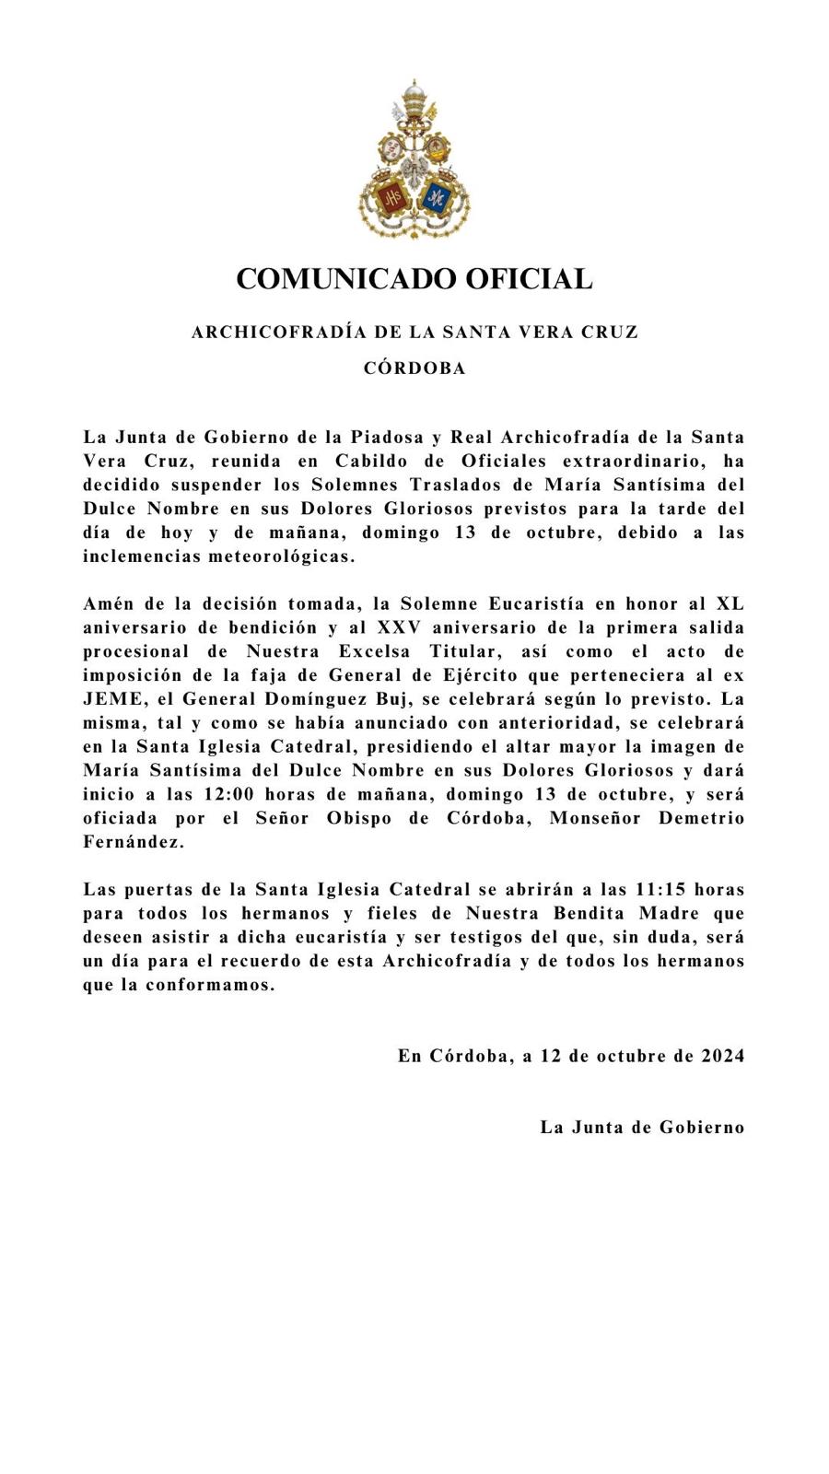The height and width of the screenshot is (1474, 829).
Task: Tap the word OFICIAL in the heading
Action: click(x=528, y=278)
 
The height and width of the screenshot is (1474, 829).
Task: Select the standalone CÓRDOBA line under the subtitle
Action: click(x=414, y=368)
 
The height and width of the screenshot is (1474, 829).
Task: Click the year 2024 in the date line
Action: click(x=721, y=1056)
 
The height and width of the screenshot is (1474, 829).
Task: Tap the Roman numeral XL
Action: click(x=730, y=603)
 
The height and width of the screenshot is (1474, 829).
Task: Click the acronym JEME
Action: click(x=111, y=699)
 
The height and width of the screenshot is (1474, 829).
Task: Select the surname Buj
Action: click(x=394, y=699)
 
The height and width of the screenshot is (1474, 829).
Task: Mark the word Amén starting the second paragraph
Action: click(x=106, y=603)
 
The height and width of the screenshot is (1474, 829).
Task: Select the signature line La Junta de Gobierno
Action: click(x=642, y=1127)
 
